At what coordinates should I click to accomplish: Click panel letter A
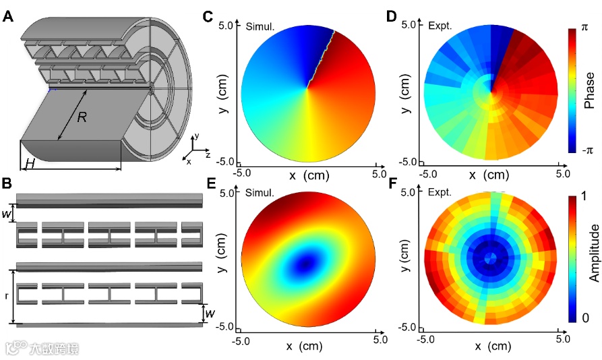tap(8, 16)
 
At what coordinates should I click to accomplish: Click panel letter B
tap(7, 183)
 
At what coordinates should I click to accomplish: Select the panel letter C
tap(208, 16)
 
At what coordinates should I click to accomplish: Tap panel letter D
tap(391, 16)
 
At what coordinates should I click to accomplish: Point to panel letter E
tap(211, 183)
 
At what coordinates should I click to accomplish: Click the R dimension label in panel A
tap(82, 117)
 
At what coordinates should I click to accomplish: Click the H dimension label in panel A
tap(30, 164)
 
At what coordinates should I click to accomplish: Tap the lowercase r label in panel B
tap(7, 296)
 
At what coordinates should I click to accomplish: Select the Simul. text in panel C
tap(260, 27)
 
